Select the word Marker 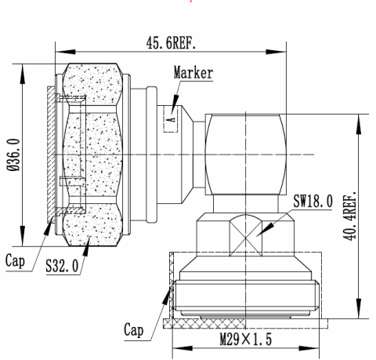pos(193,75)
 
